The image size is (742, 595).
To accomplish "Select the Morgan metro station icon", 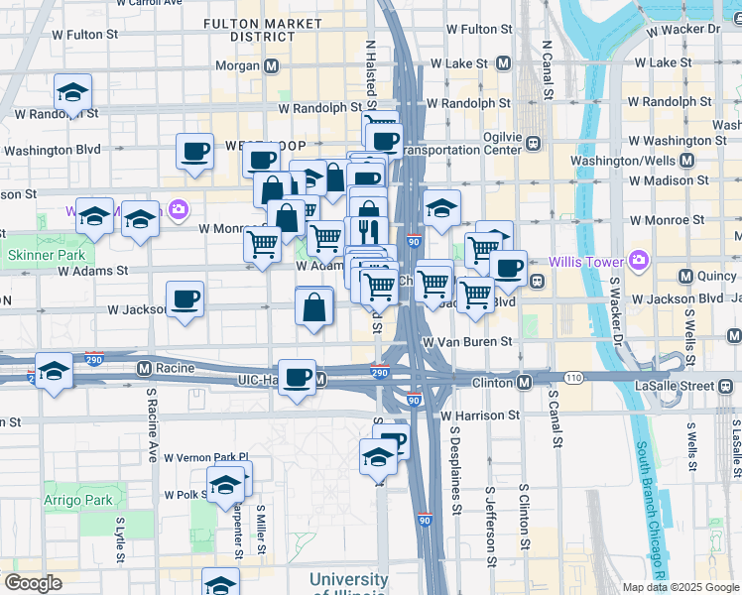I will click(271, 65).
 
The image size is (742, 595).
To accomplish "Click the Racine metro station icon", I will click(144, 369).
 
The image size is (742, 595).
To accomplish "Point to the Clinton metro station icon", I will click(524, 382).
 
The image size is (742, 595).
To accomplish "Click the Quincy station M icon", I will click(684, 276).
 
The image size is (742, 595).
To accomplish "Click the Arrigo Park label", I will click(78, 501).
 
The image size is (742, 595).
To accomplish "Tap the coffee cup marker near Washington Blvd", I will click(194, 152).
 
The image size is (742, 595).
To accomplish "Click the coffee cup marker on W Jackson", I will click(185, 298).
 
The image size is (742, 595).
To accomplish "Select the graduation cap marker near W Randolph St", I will click(72, 92).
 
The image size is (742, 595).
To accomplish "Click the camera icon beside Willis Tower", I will click(638, 262).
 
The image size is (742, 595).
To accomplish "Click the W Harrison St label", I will click(484, 416).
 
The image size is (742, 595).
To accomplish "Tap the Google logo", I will click(33, 583).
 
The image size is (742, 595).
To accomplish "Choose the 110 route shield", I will click(573, 378).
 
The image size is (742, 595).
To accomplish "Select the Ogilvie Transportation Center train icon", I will click(533, 142).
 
